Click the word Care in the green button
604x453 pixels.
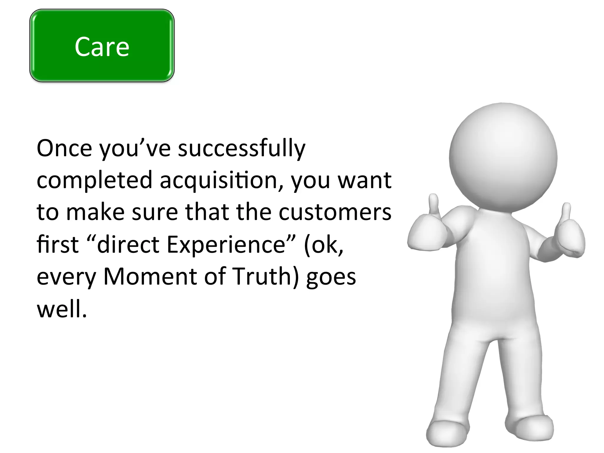pos(102,47)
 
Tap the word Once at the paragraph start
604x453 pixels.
pos(64,148)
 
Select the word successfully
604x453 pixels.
pos(242,149)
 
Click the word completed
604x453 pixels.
pos(94,180)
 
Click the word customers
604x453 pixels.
pos(335,212)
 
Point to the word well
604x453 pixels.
pos(62,309)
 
